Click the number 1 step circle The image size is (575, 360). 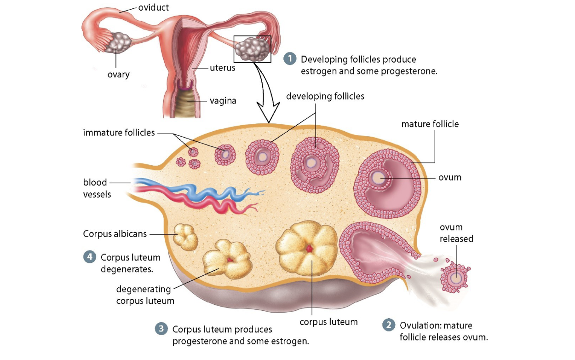click(290, 59)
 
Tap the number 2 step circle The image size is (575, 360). click(389, 325)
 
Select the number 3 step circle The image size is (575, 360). click(161, 329)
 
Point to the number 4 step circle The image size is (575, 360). click(89, 257)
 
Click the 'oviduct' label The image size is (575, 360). click(154, 7)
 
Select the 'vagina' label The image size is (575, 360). click(223, 100)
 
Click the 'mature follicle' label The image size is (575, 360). click(430, 124)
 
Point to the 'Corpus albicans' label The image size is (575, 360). click(115, 233)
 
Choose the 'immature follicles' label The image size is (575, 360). click(119, 133)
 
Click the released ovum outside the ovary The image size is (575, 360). click(456, 278)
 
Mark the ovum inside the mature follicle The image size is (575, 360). click(377, 178)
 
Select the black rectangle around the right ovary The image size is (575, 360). click(252, 49)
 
